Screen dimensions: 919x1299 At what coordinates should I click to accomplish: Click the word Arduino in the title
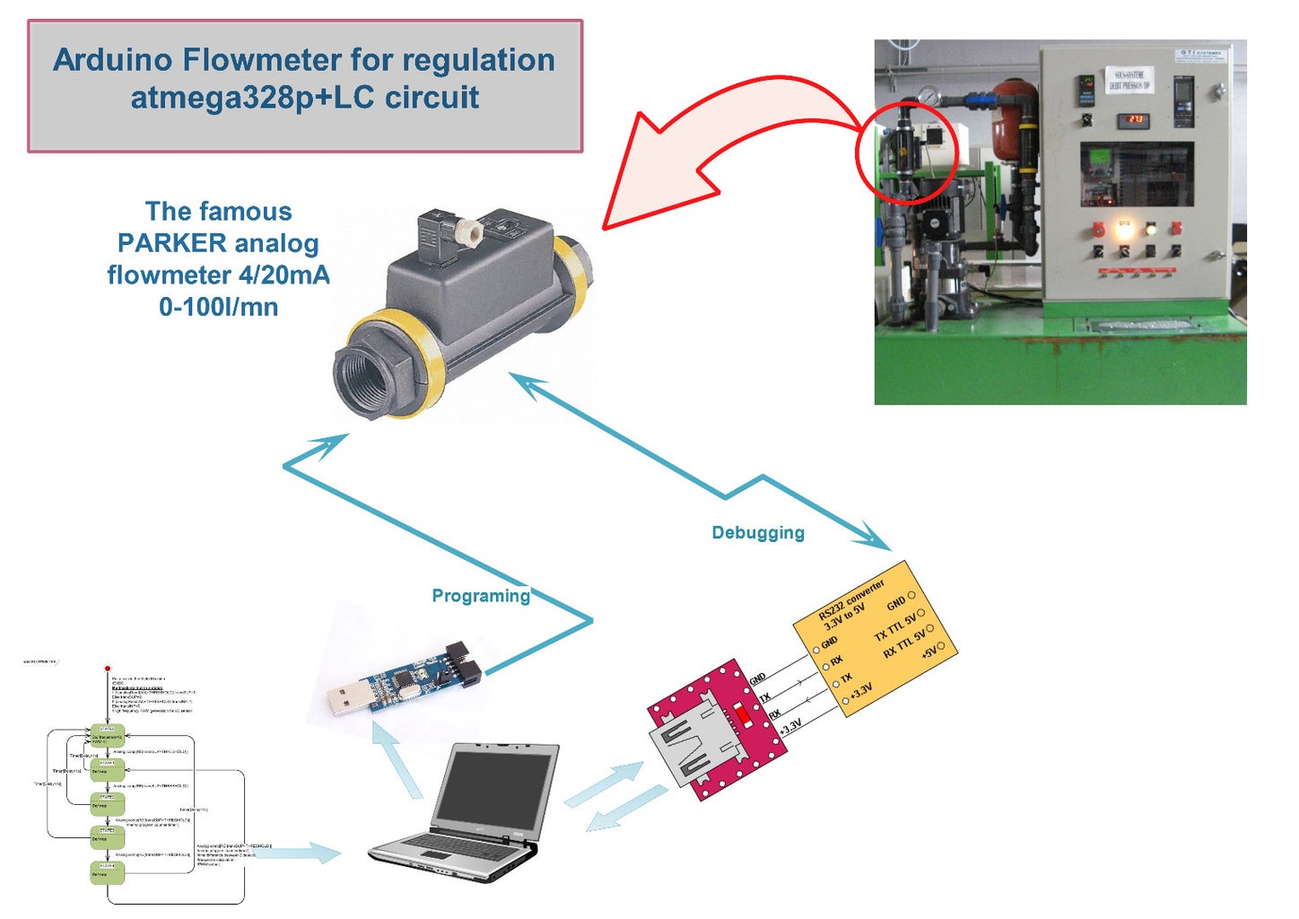(x=113, y=60)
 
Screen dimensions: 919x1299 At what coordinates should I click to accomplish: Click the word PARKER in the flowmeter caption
(x=172, y=243)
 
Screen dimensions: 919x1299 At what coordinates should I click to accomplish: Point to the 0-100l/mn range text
(x=218, y=307)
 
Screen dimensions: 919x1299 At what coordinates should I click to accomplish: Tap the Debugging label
(x=758, y=532)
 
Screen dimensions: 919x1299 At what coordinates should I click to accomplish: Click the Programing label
(x=481, y=596)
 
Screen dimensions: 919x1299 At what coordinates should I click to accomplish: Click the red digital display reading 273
(x=1135, y=119)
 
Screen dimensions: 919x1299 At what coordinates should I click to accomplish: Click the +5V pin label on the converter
(x=929, y=651)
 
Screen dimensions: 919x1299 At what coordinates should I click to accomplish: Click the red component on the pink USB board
(x=744, y=715)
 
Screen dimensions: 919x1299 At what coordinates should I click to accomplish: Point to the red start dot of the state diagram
(x=108, y=669)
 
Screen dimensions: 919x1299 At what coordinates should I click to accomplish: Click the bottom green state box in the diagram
(x=107, y=871)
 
